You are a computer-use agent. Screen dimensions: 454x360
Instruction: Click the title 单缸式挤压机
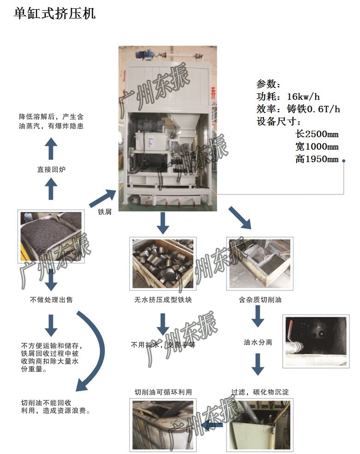[x=55, y=14]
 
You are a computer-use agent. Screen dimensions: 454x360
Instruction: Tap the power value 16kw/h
[x=303, y=97]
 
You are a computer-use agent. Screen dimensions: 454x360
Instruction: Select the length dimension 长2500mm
[x=317, y=134]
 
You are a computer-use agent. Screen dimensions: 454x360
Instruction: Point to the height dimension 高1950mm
[x=317, y=159]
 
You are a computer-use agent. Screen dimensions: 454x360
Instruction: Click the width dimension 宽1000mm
[x=317, y=147]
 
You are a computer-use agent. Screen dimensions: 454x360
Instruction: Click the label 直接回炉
[x=51, y=169]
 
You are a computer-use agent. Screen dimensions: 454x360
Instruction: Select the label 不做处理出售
[x=51, y=300]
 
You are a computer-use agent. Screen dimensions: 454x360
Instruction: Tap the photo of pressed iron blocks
[x=163, y=263]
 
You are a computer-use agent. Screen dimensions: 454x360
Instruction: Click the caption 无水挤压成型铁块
[x=163, y=300]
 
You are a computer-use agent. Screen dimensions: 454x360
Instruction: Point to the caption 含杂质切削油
[x=260, y=300]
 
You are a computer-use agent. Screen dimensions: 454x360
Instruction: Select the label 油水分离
[x=258, y=343]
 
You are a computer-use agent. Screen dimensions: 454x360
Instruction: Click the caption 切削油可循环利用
[x=163, y=392]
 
